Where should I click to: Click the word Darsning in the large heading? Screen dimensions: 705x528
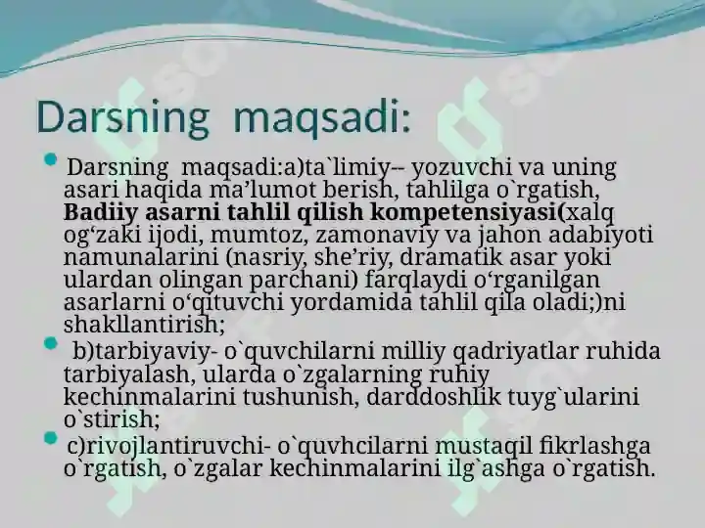click(122, 118)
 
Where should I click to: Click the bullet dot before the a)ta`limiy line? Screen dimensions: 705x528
click(51, 159)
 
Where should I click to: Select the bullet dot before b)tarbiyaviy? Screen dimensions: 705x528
click(51, 344)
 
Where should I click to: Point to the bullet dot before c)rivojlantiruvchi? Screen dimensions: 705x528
click(51, 438)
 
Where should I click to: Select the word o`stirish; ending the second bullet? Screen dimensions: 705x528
click(112, 418)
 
